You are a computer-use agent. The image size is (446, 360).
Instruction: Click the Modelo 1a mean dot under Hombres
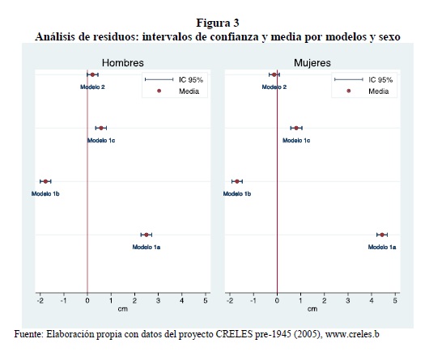pyautogui.click(x=147, y=235)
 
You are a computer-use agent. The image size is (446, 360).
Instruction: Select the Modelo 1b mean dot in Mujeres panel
pyautogui.click(x=237, y=181)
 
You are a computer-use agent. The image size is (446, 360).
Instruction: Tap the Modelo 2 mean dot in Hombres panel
pyautogui.click(x=92, y=74)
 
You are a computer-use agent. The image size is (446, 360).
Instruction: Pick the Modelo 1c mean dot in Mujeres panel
pyautogui.click(x=296, y=128)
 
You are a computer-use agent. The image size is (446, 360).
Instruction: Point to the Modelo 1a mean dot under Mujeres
pyautogui.click(x=382, y=235)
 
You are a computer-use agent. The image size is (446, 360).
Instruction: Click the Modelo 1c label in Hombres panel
pyautogui.click(x=101, y=141)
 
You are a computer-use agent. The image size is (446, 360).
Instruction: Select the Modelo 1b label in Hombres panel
pyautogui.click(x=45, y=194)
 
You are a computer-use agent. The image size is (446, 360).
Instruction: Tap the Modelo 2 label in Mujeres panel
pyautogui.click(x=274, y=87)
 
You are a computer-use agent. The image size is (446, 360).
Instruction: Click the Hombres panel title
pyautogui.click(x=123, y=63)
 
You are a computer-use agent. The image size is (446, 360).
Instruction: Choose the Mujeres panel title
pyautogui.click(x=312, y=63)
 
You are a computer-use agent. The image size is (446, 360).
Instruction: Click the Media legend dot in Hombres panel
pyautogui.click(x=159, y=91)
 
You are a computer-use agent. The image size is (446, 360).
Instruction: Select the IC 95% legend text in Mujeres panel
pyautogui.click(x=380, y=80)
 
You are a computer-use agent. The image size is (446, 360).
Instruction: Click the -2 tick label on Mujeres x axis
pyautogui.click(x=230, y=301)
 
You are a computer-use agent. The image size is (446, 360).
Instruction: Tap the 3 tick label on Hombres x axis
pyautogui.click(x=158, y=301)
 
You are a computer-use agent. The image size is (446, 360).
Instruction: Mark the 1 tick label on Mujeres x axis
pyautogui.click(x=300, y=301)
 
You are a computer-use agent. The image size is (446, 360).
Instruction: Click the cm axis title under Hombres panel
pyautogui.click(x=123, y=309)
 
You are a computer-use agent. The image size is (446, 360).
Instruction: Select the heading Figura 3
pyautogui.click(x=218, y=23)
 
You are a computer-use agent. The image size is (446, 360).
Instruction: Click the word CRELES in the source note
pyautogui.click(x=234, y=334)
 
